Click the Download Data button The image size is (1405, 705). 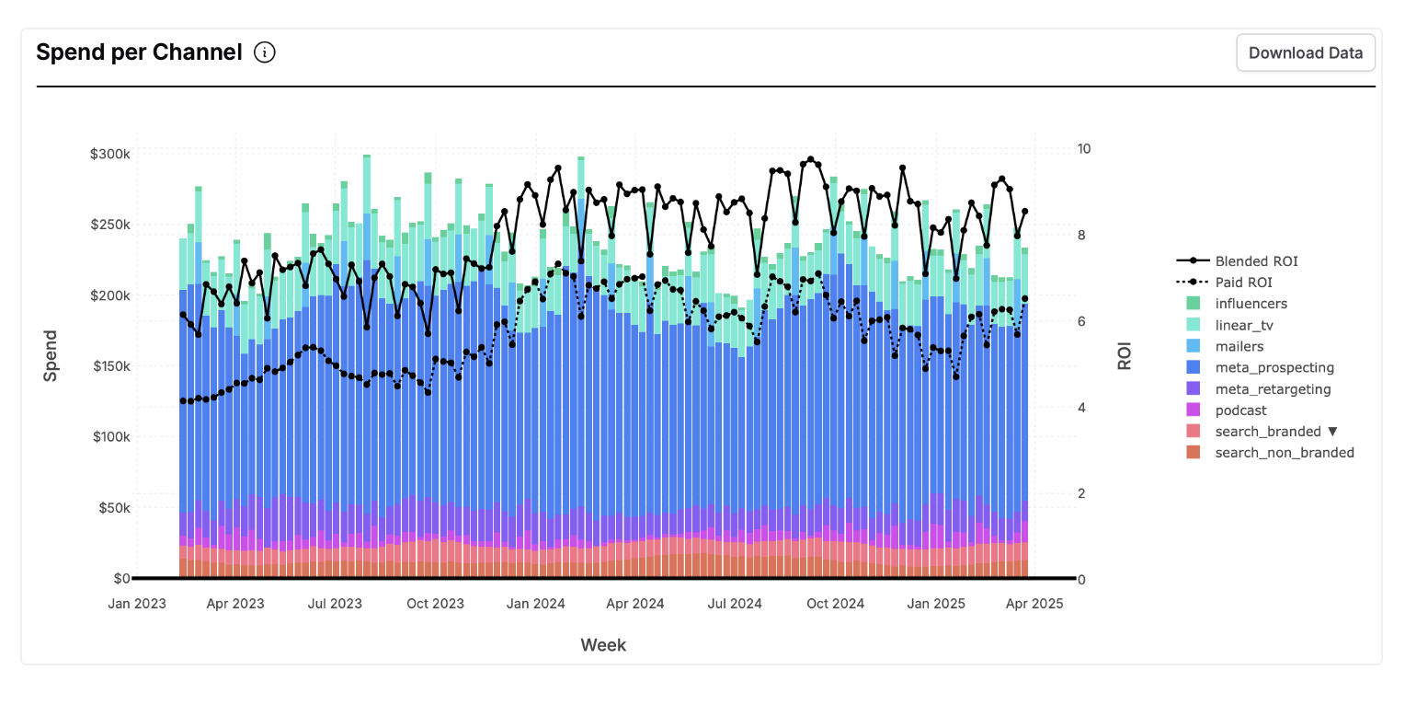(1305, 52)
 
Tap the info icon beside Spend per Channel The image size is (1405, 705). (265, 52)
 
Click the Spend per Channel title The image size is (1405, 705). (139, 52)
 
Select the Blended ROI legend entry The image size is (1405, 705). (1256, 261)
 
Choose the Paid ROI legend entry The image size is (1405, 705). (1243, 283)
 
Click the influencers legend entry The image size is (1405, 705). (1251, 304)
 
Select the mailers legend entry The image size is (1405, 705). (1239, 346)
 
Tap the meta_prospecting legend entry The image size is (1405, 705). (1274, 367)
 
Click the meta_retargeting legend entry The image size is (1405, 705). (1273, 389)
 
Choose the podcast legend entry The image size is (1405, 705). (1240, 410)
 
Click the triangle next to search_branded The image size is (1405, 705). (1332, 432)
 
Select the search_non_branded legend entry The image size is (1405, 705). (1284, 453)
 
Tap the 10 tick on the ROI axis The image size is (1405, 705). (1083, 149)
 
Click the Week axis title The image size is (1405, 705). (603, 645)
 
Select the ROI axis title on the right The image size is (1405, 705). (1125, 356)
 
